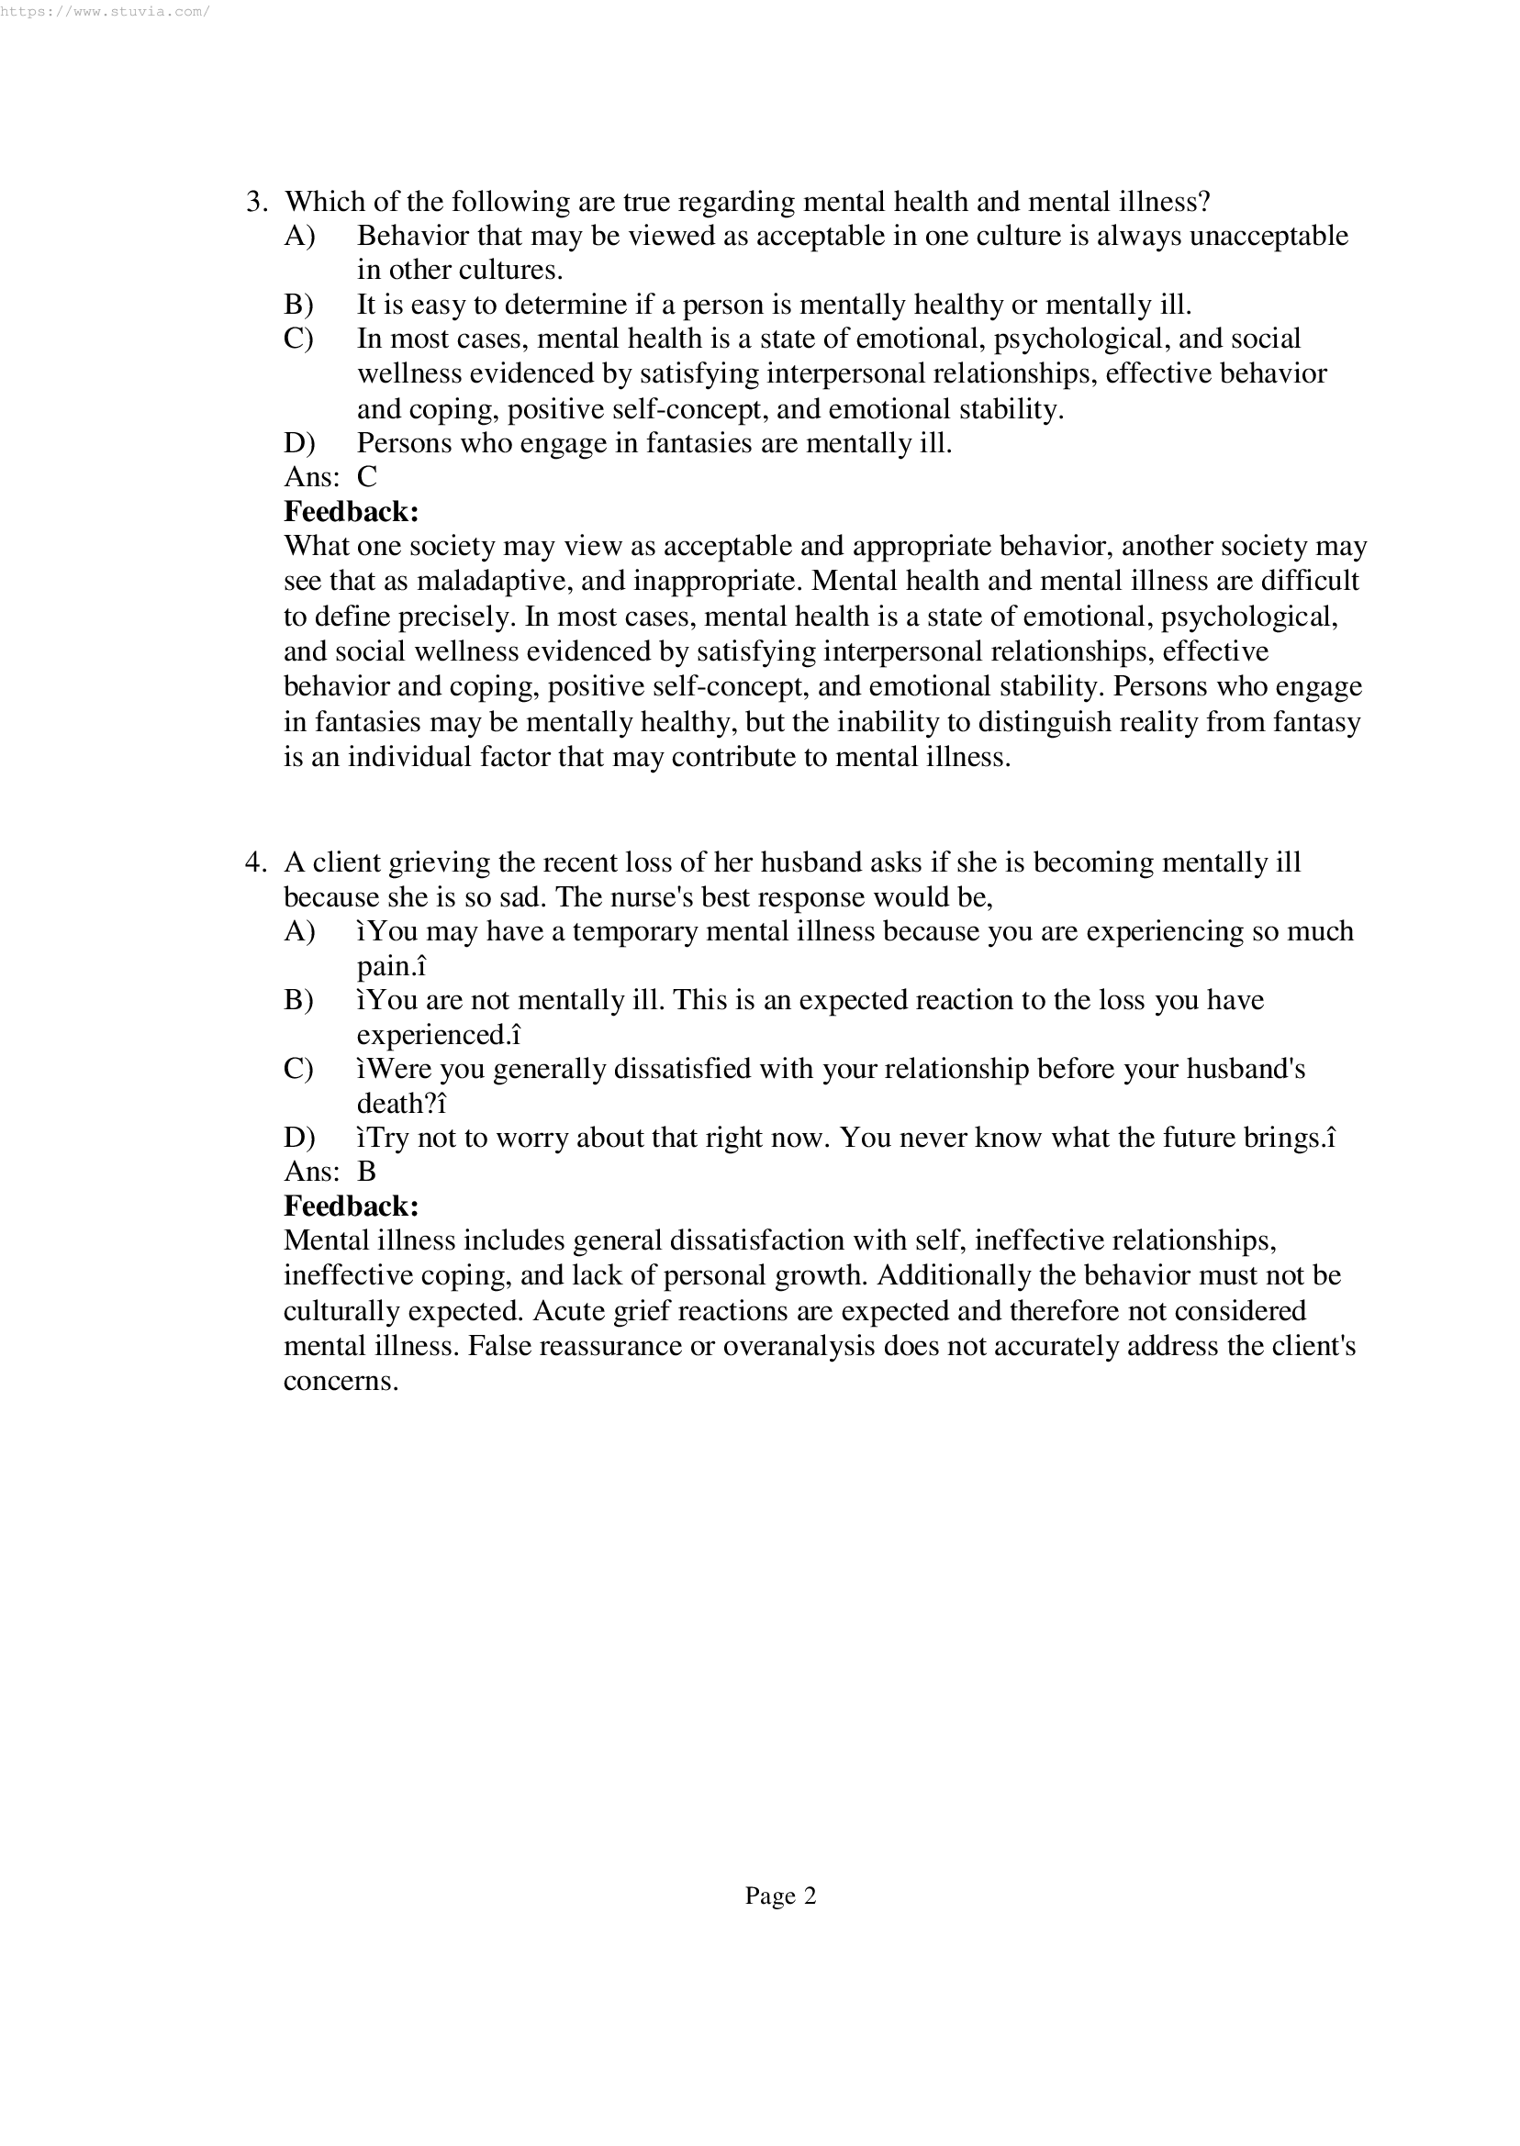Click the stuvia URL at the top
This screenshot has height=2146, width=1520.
click(x=105, y=12)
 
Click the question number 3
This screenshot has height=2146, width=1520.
click(x=256, y=202)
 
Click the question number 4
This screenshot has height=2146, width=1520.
click(x=256, y=862)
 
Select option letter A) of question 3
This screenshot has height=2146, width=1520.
click(x=298, y=236)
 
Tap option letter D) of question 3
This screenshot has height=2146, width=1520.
click(x=298, y=442)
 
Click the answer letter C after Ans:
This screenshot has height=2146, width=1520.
click(x=367, y=477)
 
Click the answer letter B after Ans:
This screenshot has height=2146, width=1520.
click(x=366, y=1172)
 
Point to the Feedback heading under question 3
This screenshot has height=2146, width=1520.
click(x=351, y=512)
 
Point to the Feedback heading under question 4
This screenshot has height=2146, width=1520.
click(x=351, y=1206)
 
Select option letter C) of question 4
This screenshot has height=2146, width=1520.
click(x=298, y=1068)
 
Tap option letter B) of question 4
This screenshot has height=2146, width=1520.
click(x=298, y=1000)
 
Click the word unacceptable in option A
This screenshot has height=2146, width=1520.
click(x=1269, y=236)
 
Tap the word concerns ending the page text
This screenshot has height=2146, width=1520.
click(x=341, y=1381)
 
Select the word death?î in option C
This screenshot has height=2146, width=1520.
click(x=401, y=1104)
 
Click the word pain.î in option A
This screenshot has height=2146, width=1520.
click(x=391, y=965)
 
